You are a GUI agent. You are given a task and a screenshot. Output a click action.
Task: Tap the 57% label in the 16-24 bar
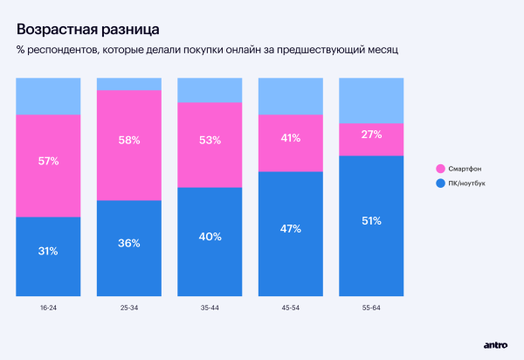coord(48,161)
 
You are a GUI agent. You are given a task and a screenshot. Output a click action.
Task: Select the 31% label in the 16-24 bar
coord(48,251)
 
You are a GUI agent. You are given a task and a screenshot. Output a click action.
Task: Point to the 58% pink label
coord(129,140)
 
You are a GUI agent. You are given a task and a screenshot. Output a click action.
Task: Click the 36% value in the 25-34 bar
coord(129,243)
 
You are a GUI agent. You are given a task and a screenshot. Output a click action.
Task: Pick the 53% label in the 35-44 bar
coord(210,141)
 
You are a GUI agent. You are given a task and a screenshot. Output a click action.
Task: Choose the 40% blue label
coord(210,237)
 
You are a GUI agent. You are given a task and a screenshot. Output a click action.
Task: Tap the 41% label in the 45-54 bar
coord(291,138)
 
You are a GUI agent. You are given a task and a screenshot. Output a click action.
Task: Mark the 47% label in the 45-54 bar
coord(291,229)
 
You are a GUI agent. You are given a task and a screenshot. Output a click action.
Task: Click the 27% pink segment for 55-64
coord(371,135)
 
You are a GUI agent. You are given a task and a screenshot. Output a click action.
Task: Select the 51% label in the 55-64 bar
coord(371,221)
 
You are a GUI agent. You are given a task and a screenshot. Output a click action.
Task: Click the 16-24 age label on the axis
coord(48,308)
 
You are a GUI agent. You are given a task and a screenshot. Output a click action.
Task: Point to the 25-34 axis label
coord(129,308)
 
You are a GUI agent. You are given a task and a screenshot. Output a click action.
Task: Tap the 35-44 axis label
coord(210,308)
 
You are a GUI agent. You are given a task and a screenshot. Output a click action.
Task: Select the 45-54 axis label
coord(291,308)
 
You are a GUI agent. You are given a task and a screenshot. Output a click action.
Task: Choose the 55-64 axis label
coord(371,308)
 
